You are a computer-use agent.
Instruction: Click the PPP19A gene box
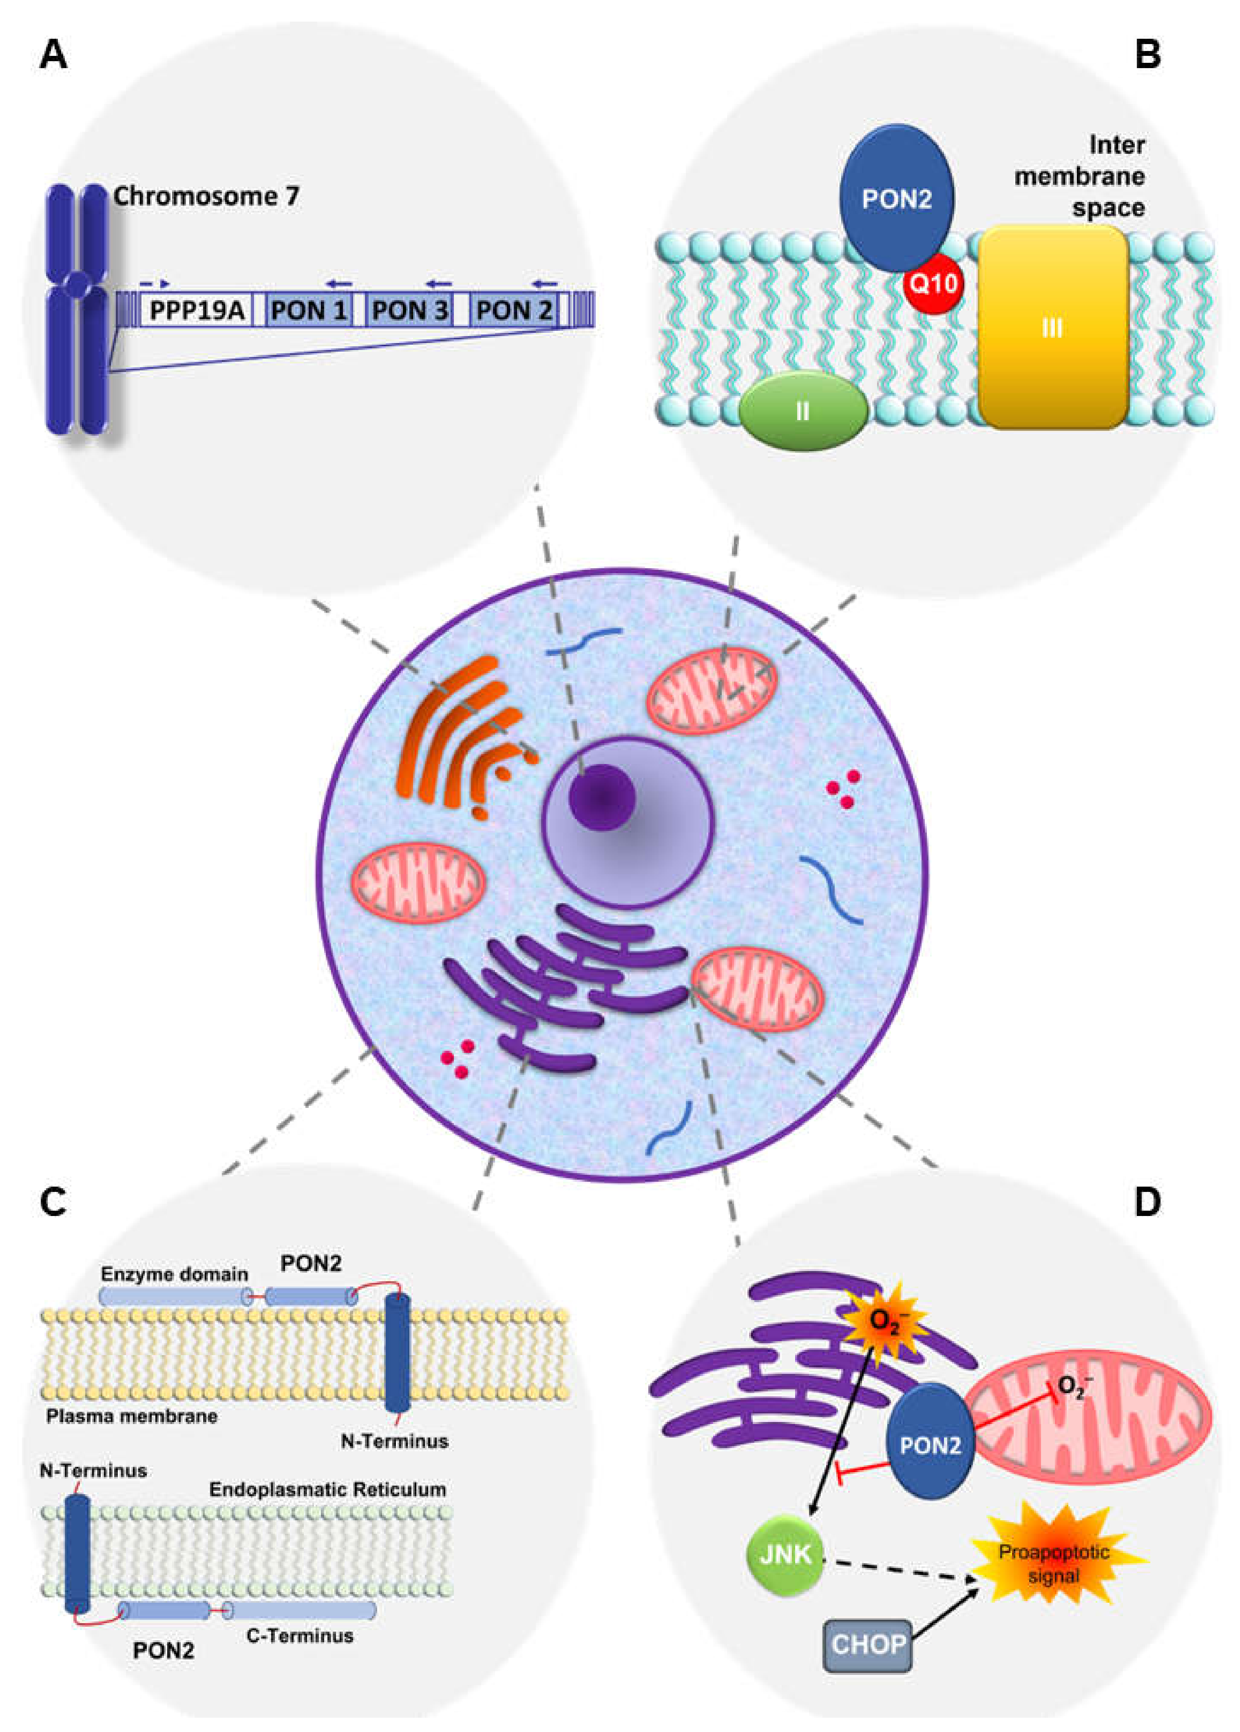[x=196, y=310]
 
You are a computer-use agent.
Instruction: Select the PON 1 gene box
[x=309, y=310]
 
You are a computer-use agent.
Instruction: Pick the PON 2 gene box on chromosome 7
[x=513, y=310]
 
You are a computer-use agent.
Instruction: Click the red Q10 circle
[x=933, y=284]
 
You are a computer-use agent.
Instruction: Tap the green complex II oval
[x=802, y=411]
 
